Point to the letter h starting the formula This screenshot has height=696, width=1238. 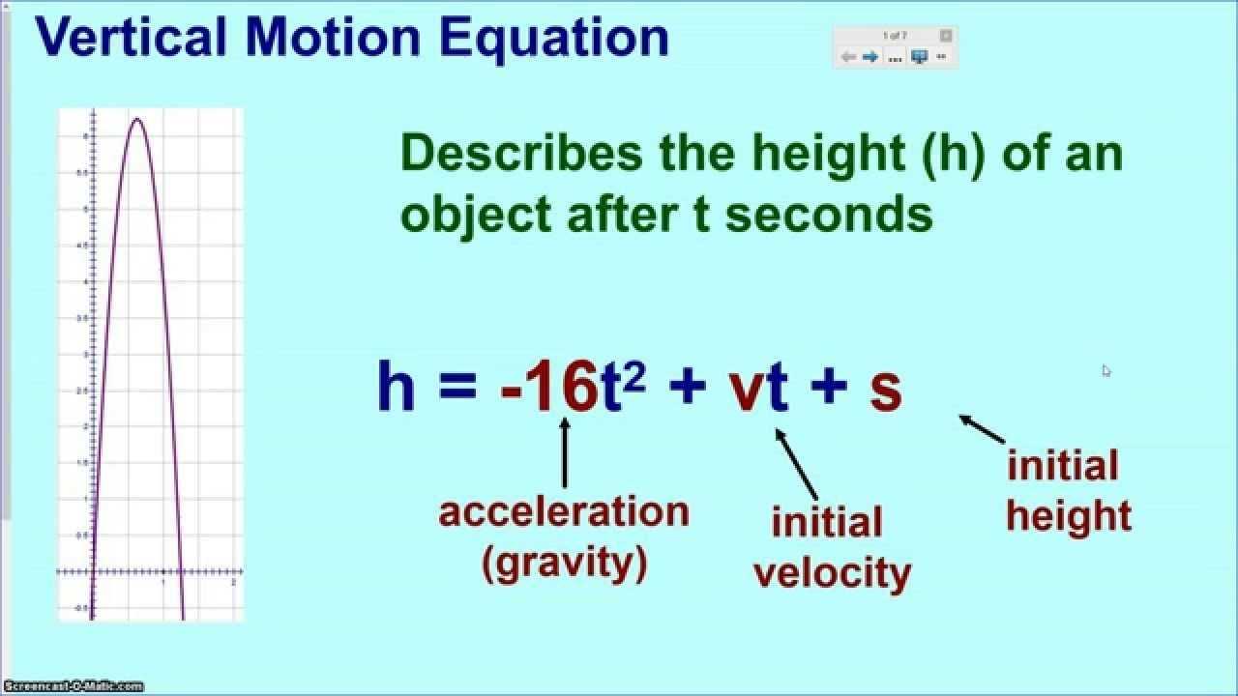coord(396,387)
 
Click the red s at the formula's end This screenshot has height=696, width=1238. coord(885,390)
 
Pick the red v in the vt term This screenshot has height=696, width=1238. coord(746,390)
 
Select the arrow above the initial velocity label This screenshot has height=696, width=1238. coord(796,463)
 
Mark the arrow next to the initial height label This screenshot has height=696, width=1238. coord(982,429)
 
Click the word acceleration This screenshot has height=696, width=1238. coord(564,511)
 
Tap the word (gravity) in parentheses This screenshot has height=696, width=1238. coord(565,563)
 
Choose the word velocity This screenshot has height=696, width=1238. coord(832,573)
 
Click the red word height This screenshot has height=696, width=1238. coord(1068,516)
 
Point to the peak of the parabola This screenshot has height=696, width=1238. coord(136,119)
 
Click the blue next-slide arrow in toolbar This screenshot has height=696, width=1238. coord(870,57)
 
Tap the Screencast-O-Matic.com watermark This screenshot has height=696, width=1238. coord(72,686)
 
